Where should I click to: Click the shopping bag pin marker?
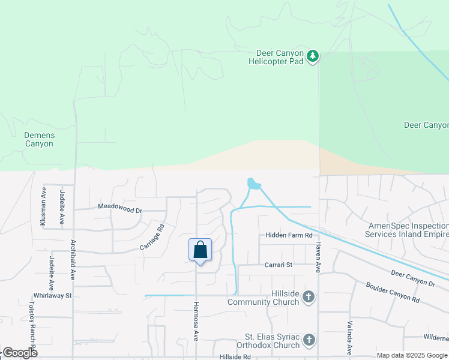[200, 250]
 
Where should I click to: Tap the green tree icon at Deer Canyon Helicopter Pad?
[312, 56]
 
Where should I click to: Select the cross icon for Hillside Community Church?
[309, 296]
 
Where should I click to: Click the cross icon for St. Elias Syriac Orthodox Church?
[309, 340]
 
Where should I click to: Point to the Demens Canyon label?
[39, 139]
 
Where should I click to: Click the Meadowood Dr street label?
[120, 210]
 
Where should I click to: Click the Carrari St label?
[278, 265]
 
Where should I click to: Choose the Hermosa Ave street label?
[196, 321]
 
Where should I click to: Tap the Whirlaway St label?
[53, 296]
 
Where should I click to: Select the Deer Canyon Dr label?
[414, 277]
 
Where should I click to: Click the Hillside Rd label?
[234, 356]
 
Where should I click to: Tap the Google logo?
[20, 353]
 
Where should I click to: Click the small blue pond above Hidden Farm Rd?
[253, 184]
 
